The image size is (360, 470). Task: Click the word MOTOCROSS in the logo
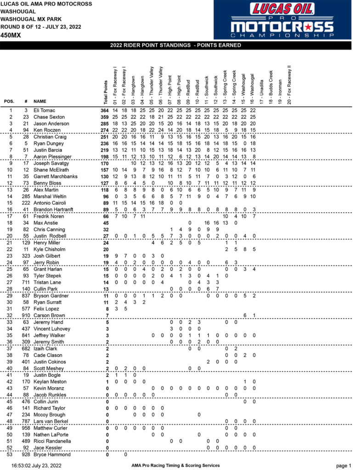click(x=288, y=26)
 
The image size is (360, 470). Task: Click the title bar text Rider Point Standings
click(x=180, y=45)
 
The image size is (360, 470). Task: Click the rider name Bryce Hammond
click(x=52, y=454)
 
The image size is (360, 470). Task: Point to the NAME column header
click(x=40, y=101)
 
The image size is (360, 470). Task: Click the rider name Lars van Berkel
click(x=52, y=421)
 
